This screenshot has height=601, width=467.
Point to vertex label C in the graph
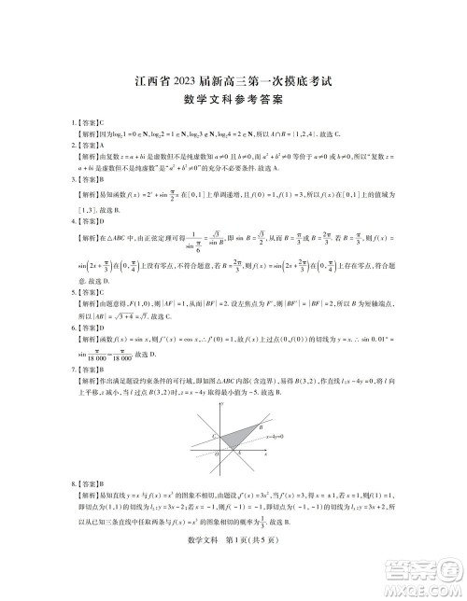(x=214, y=436)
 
